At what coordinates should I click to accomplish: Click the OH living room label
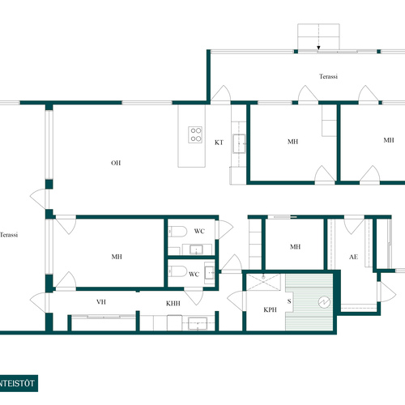tap(116, 163)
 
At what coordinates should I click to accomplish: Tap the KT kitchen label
tap(219, 143)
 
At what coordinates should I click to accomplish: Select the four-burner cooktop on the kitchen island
tap(195, 134)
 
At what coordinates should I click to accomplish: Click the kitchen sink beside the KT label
tap(239, 143)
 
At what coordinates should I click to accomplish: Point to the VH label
tap(101, 302)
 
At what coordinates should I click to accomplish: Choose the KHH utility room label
tap(173, 304)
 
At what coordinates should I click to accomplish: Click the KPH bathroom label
tap(270, 309)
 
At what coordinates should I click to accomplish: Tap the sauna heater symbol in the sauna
tap(324, 302)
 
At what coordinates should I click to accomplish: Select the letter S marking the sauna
tap(289, 301)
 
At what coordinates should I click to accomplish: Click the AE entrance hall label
tap(353, 257)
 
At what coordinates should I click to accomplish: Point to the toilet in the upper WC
tap(177, 232)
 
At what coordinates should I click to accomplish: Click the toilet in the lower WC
tap(177, 271)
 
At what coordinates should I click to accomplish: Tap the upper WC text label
tap(199, 231)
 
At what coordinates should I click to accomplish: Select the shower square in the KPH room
tap(264, 282)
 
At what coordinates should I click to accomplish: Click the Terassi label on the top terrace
tap(328, 76)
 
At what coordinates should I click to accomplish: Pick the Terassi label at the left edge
tap(9, 235)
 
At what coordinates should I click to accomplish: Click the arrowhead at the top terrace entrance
tap(318, 48)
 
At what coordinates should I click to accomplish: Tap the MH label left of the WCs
tap(117, 257)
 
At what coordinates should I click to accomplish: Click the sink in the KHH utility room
tap(198, 323)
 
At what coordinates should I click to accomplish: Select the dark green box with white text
tap(19, 383)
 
